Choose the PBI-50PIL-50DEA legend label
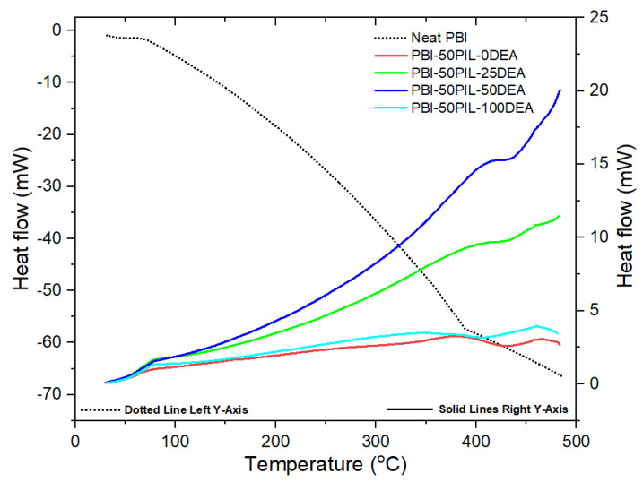(x=472, y=90)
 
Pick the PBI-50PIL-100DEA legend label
(x=475, y=108)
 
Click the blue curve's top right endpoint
(x=560, y=90)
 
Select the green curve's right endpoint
(x=560, y=215)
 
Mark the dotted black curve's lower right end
(x=562, y=376)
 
